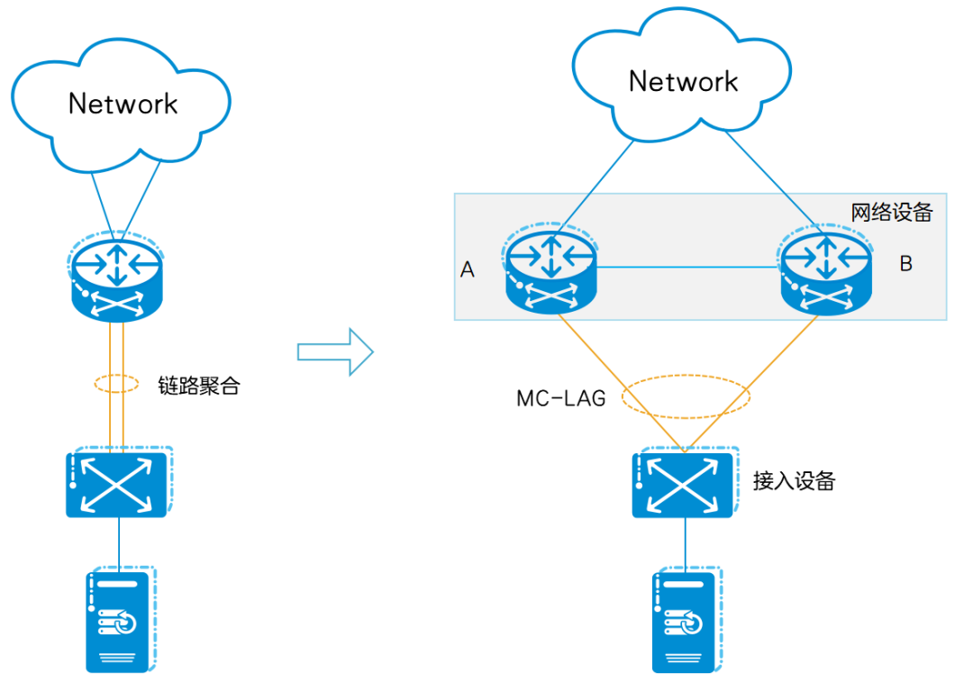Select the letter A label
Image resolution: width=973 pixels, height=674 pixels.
(467, 269)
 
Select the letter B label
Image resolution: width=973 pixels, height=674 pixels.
(906, 264)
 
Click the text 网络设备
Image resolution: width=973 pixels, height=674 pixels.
(891, 214)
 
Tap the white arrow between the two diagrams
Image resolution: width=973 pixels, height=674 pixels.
(334, 351)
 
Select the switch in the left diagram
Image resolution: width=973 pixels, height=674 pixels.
(118, 483)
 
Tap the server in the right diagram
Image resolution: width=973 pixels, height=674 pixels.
(685, 619)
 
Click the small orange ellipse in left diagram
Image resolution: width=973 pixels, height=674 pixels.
(117, 384)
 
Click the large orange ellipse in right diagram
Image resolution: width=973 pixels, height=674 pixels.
(687, 396)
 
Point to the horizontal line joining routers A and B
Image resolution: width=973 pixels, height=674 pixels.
(687, 266)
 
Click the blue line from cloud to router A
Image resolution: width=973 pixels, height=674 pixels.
(598, 179)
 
